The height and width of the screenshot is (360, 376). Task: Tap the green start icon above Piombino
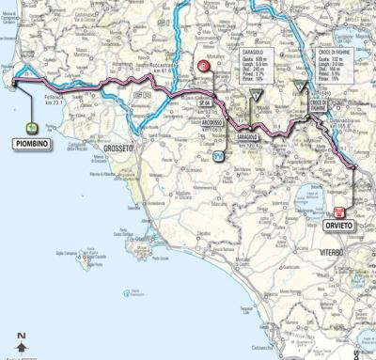(x=33, y=128)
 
